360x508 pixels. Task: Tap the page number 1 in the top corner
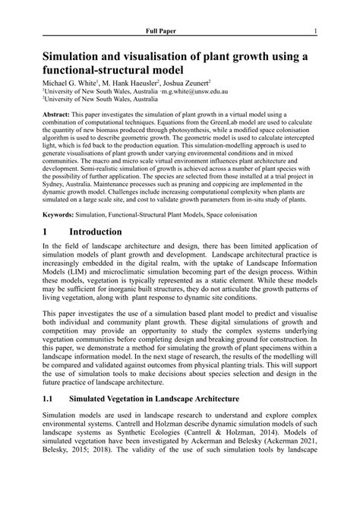tap(315, 31)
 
